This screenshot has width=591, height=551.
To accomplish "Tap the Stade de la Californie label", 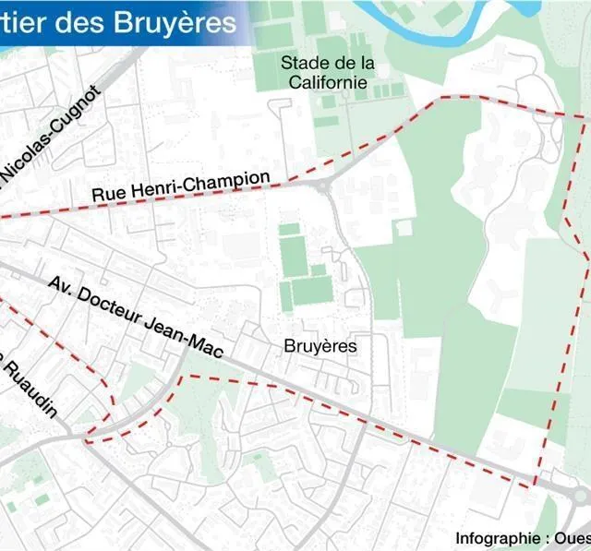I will (x=328, y=73).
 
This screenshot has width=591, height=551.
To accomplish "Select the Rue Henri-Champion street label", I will (x=181, y=187).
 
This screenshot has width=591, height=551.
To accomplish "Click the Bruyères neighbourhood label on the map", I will (x=320, y=346).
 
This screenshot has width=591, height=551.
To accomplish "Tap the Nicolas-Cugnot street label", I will (x=51, y=135).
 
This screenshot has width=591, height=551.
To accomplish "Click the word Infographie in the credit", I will (x=497, y=538).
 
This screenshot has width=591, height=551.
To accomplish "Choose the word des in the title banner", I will (x=80, y=21).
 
